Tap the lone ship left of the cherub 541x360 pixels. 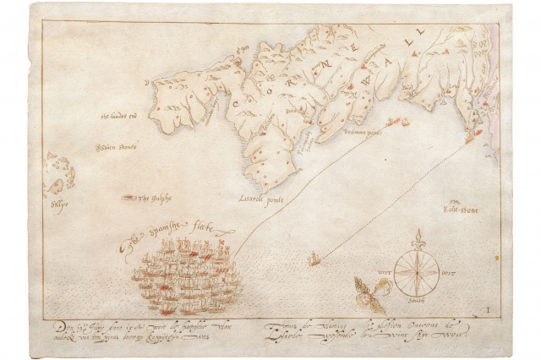(314, 259)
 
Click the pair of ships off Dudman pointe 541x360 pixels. (397, 123)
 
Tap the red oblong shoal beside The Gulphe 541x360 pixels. (128, 198)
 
